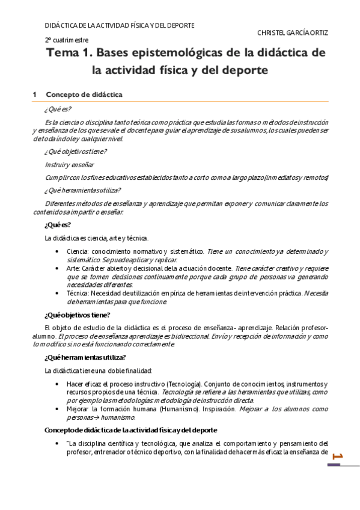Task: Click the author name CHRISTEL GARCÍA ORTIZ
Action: tap(293, 32)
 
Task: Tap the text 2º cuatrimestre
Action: tap(67, 40)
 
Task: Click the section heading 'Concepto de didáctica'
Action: tap(84, 94)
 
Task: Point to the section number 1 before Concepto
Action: tap(35, 94)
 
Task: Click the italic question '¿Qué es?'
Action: tap(58, 109)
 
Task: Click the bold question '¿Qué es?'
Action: tap(58, 224)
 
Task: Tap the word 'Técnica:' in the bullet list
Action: tap(80, 293)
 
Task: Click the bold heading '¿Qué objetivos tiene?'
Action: tap(77, 315)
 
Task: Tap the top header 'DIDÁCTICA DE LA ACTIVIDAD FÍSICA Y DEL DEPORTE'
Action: tap(120, 25)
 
